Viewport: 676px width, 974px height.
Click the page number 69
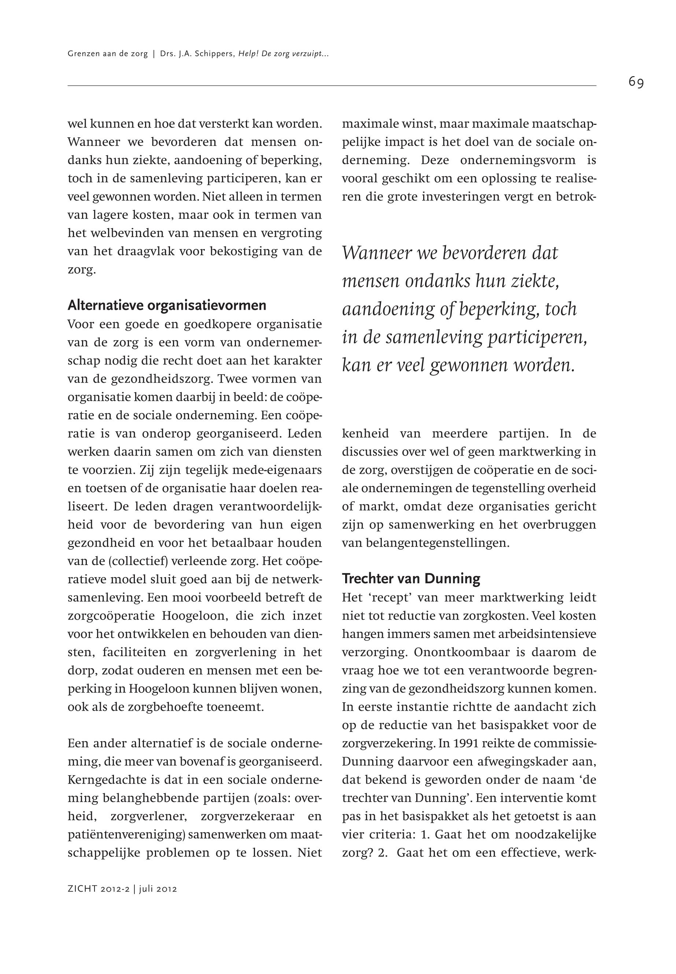pyautogui.click(x=636, y=82)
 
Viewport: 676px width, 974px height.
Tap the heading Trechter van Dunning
pyautogui.click(x=411, y=578)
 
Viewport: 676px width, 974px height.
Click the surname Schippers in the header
pyautogui.click(x=214, y=54)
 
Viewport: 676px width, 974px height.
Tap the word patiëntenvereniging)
pyautogui.click(x=126, y=835)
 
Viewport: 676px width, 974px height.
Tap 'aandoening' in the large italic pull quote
pyautogui.click(x=388, y=309)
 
